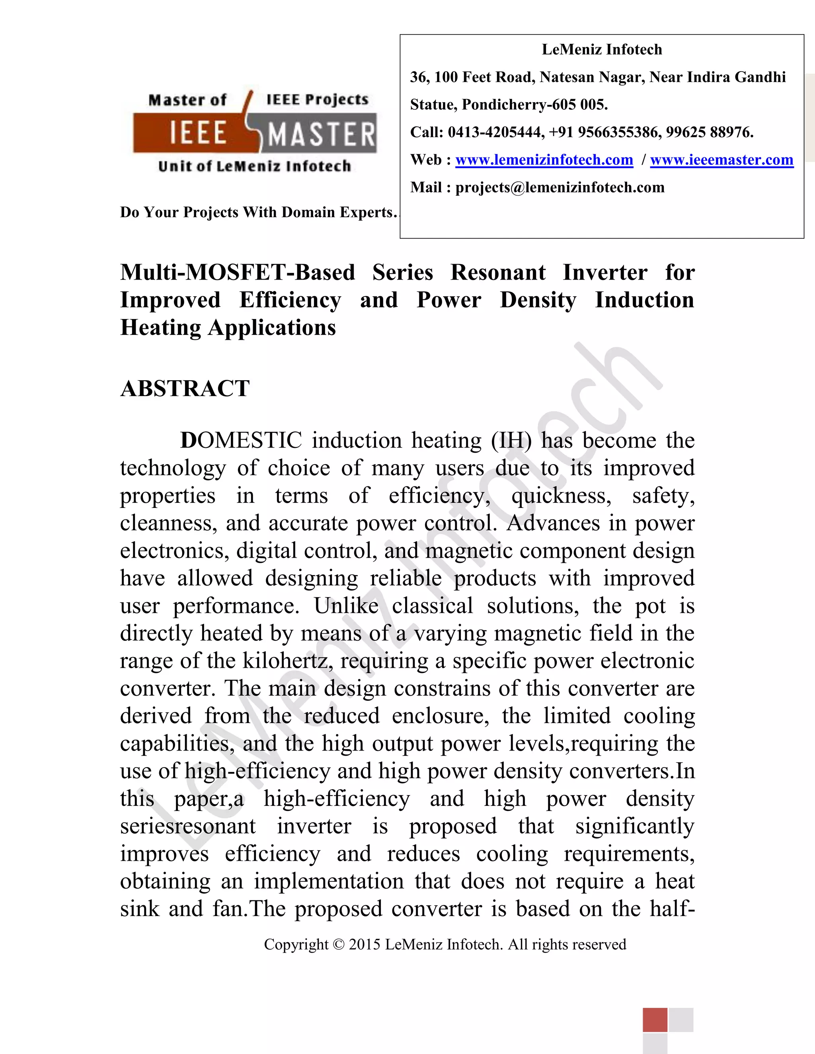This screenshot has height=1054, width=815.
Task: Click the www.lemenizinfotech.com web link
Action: click(x=544, y=160)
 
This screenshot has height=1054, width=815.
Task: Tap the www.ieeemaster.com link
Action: click(x=721, y=160)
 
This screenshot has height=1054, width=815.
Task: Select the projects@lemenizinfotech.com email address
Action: click(x=560, y=187)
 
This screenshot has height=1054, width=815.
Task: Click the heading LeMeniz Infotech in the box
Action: click(x=602, y=50)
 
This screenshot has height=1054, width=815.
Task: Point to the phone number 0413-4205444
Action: click(x=495, y=132)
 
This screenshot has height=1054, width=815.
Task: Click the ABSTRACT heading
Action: click(x=185, y=389)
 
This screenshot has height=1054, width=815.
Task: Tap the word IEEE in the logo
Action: click(x=198, y=133)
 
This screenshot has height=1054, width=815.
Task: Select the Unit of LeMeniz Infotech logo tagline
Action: click(x=254, y=166)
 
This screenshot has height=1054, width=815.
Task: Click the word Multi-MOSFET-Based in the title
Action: click(x=238, y=273)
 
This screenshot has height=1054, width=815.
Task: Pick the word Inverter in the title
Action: click(x=604, y=273)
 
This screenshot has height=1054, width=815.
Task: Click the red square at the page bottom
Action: click(x=655, y=1019)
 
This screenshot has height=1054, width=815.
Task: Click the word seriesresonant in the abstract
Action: click(x=188, y=826)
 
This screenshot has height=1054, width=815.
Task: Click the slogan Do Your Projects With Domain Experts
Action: click(x=258, y=212)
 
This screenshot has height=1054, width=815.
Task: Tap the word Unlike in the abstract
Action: click(x=346, y=606)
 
